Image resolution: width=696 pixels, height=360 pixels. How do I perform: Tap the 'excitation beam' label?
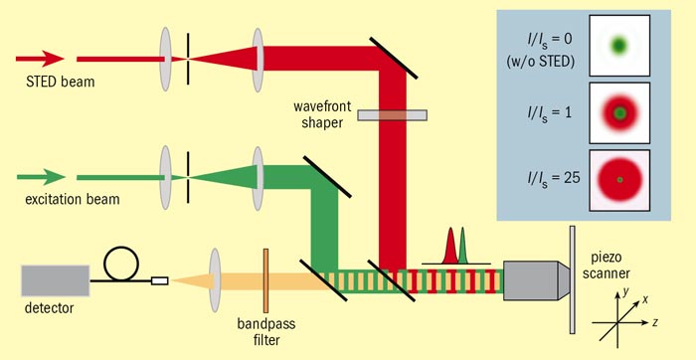[x=71, y=199]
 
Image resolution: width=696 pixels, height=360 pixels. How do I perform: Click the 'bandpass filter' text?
[x=265, y=327]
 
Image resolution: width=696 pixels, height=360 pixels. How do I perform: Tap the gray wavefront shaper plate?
[x=394, y=115]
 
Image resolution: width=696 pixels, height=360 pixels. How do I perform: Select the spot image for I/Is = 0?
[x=619, y=45]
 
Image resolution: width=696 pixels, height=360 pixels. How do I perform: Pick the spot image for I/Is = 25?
[x=619, y=179]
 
